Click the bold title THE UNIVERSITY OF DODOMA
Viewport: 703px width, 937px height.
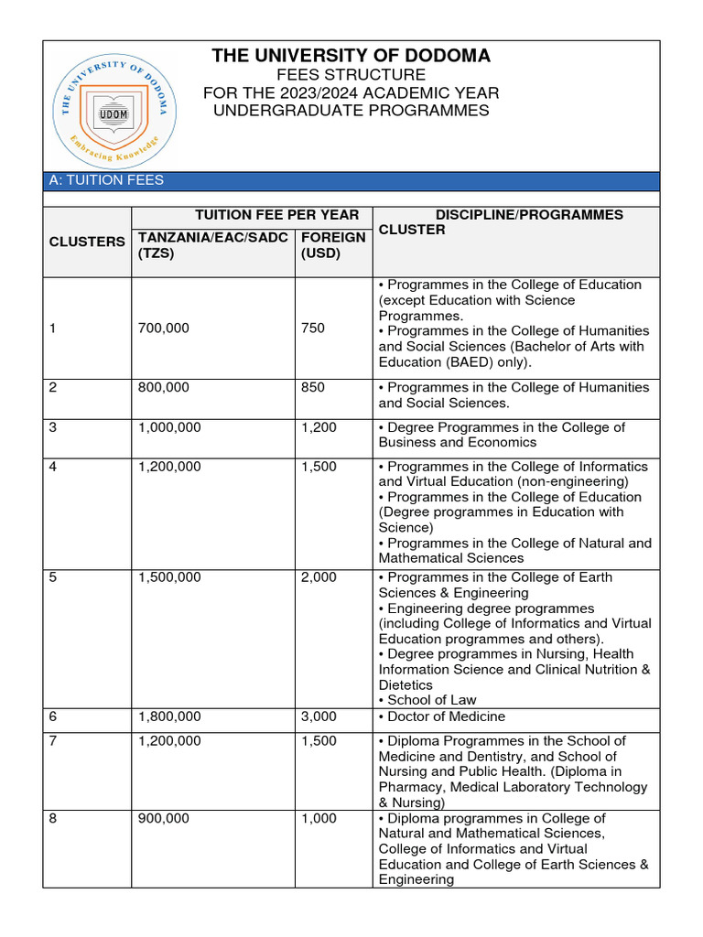(351, 56)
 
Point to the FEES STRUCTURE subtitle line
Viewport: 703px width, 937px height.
(351, 75)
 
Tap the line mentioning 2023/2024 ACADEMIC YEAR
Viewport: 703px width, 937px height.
(351, 93)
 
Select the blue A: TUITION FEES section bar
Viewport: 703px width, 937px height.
(351, 180)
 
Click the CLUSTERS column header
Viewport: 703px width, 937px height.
(87, 242)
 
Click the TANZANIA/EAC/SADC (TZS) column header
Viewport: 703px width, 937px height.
(212, 245)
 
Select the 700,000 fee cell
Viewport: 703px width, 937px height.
(164, 328)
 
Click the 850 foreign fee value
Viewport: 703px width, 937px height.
(312, 387)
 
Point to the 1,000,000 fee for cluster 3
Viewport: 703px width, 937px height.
(170, 427)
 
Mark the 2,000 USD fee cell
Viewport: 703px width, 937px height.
(319, 577)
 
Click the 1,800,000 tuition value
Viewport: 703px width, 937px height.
(170, 716)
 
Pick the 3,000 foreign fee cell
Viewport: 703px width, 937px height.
(319, 716)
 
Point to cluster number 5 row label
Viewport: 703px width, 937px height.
(53, 577)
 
